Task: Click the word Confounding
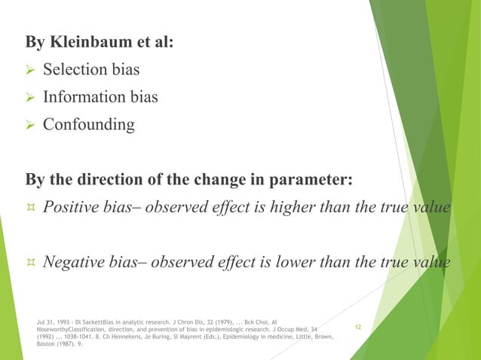coord(89,124)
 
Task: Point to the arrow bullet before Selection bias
coord(30,71)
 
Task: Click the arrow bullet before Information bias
coord(30,98)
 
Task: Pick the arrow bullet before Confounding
coord(30,125)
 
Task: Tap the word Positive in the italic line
coord(72,208)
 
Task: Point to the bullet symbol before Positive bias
coord(31,209)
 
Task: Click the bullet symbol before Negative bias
coord(31,263)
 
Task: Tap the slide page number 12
coord(358,328)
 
